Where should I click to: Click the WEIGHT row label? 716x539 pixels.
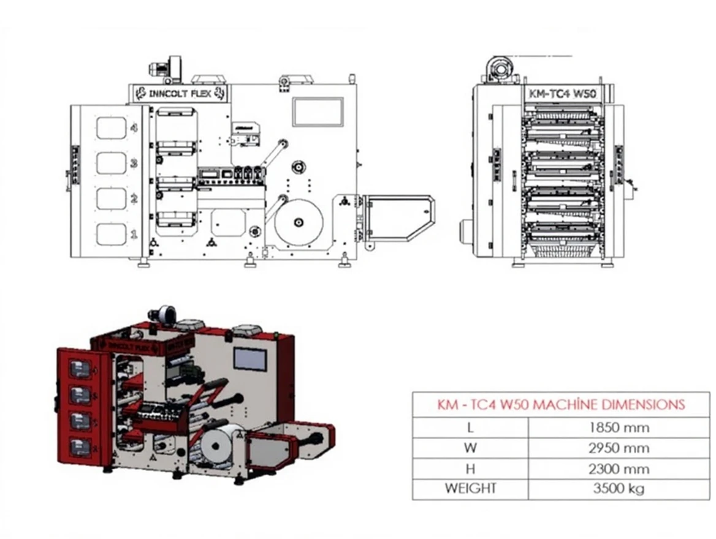[x=470, y=489]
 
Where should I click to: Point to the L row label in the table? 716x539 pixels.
[x=470, y=428]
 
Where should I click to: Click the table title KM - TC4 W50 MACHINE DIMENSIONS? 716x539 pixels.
[x=560, y=405]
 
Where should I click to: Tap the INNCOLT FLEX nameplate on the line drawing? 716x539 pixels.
[x=179, y=93]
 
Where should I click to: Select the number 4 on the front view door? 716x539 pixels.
[x=134, y=128]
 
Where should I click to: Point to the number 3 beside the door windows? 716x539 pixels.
[x=134, y=164]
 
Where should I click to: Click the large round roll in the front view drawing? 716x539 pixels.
[x=299, y=222]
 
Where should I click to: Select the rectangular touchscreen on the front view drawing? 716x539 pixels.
[x=316, y=111]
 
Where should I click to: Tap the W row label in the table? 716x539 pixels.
[x=470, y=448]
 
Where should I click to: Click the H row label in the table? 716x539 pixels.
[x=470, y=469]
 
